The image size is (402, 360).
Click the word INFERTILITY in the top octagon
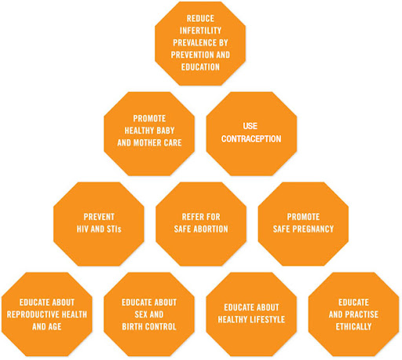point(200,31)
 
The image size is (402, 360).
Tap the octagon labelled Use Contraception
point(251,134)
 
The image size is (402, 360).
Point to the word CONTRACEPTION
point(251,139)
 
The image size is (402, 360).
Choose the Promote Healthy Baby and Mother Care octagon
point(149,134)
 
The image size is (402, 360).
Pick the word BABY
point(166,130)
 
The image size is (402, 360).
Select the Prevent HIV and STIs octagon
point(99,224)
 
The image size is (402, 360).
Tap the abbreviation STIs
point(114,230)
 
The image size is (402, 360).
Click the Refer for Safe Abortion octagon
point(201,224)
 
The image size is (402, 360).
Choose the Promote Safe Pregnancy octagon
point(303,224)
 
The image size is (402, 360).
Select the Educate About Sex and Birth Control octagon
point(149,314)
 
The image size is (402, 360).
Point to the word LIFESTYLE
point(267,320)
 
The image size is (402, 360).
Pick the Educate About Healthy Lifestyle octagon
point(251,314)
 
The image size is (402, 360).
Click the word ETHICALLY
point(353,327)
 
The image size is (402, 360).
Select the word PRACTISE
point(362,314)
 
